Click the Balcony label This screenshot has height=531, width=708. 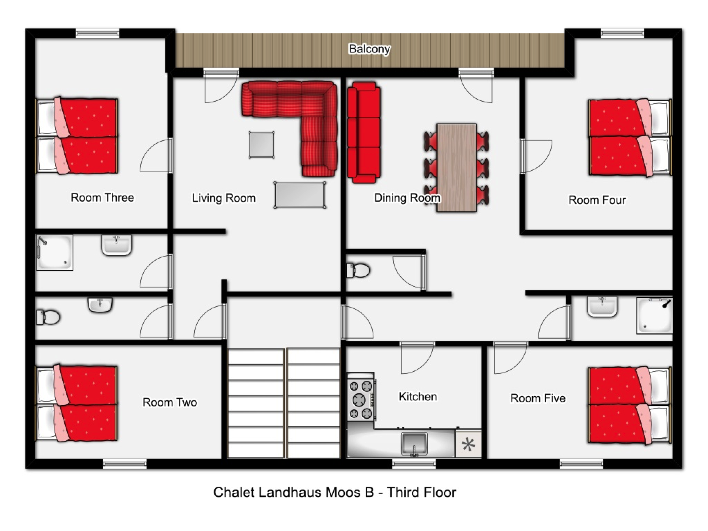click(x=369, y=49)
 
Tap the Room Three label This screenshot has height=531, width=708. click(x=103, y=198)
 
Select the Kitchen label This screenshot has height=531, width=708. click(x=418, y=396)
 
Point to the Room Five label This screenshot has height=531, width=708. click(x=538, y=398)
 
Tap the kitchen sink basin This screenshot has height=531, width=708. click(x=414, y=444)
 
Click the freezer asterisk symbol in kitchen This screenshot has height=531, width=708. click(x=468, y=445)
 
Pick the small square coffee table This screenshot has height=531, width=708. click(x=262, y=145)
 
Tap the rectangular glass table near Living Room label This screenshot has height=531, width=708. click(x=300, y=195)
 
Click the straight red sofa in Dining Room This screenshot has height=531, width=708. click(x=364, y=132)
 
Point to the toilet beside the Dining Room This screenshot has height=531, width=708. click(x=358, y=270)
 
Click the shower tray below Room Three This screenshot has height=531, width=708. click(x=54, y=253)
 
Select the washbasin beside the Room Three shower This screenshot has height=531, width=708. click(x=116, y=245)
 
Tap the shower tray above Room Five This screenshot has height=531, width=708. click(x=654, y=315)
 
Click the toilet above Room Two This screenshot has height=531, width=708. click(x=48, y=317)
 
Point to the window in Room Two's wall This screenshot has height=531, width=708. click(x=124, y=464)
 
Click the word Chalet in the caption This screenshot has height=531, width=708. click(x=234, y=492)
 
